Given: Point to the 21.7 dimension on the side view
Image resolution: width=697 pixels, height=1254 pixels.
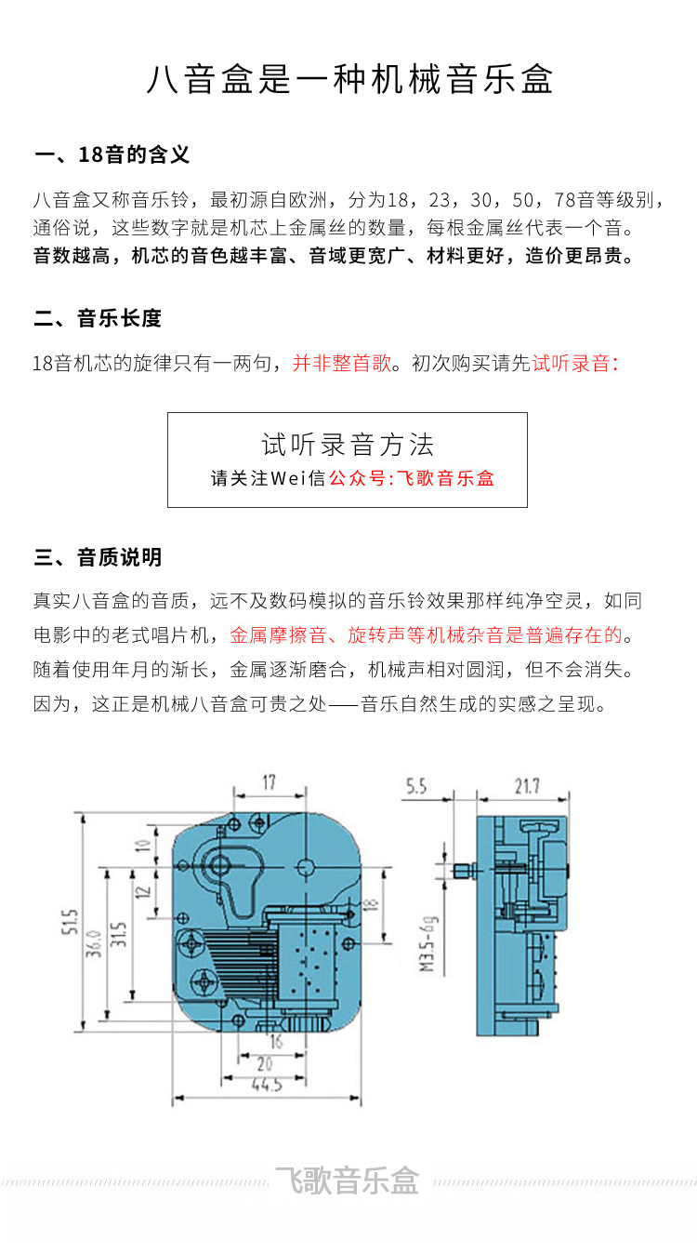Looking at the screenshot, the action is tap(526, 787).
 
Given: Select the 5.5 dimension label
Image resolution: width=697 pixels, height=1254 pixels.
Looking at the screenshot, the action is tap(415, 787).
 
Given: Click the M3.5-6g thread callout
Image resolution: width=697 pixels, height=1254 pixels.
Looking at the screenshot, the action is tap(428, 942).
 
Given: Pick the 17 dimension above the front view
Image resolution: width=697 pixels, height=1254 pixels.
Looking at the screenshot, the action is tap(269, 782).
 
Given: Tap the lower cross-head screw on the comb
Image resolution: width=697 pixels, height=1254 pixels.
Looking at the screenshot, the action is tap(204, 980).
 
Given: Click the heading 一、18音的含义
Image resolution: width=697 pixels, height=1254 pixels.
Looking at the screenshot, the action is tap(112, 154).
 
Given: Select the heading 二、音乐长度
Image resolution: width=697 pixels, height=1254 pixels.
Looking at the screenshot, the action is tap(98, 318).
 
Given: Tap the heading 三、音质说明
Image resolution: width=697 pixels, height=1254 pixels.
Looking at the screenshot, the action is tap(98, 557).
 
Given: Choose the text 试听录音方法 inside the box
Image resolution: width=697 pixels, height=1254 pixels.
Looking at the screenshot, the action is tap(348, 445).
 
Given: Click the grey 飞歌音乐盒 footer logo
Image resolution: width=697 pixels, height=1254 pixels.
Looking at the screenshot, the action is tap(348, 1181).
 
